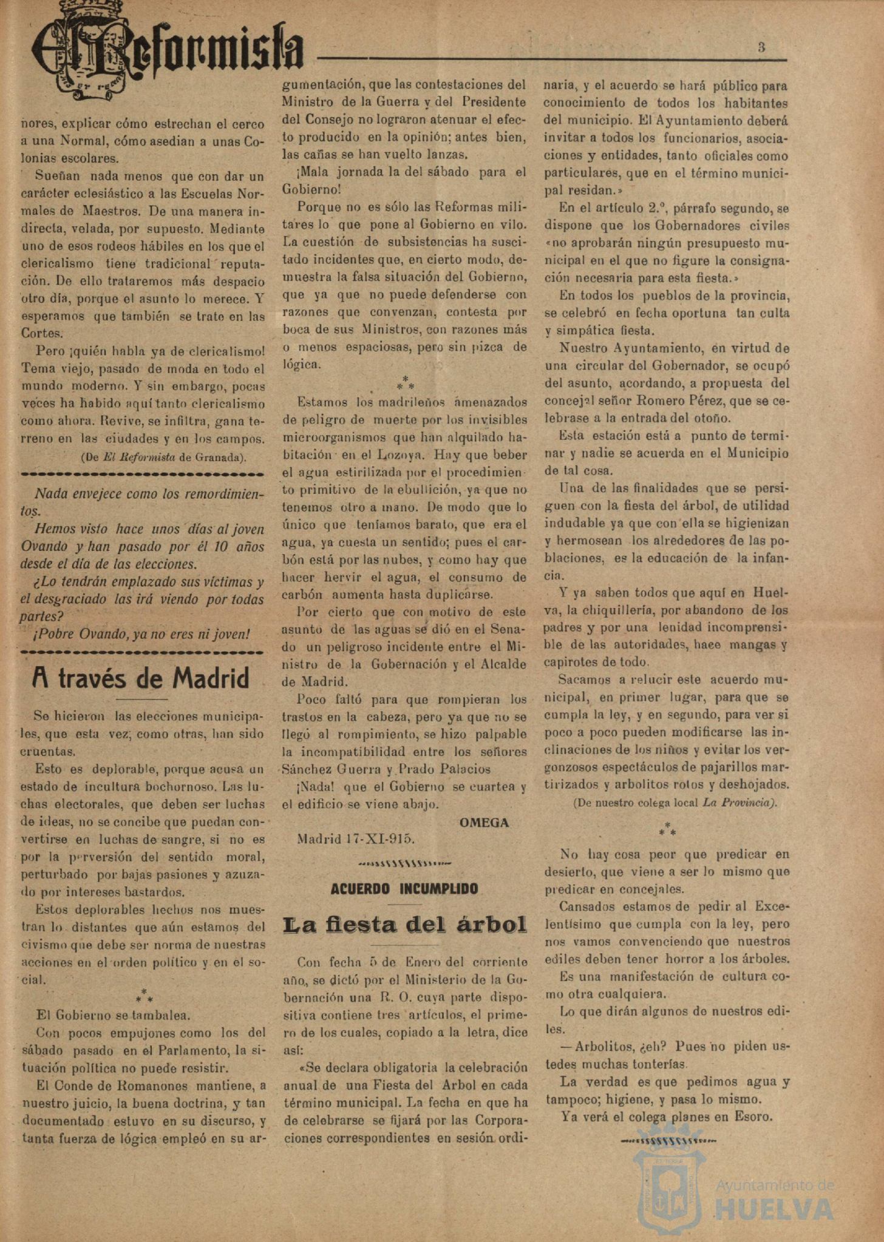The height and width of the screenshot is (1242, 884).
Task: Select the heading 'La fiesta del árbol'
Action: pos(404,925)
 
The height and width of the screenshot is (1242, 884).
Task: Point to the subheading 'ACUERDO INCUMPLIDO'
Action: pos(404,889)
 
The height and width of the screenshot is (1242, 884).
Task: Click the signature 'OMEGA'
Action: pos(484,823)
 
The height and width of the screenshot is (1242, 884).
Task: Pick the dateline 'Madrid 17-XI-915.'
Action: pos(355,839)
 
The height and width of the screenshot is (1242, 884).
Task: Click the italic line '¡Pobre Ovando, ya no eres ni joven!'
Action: pos(142,635)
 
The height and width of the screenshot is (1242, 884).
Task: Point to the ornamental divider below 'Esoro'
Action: pos(668,1141)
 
